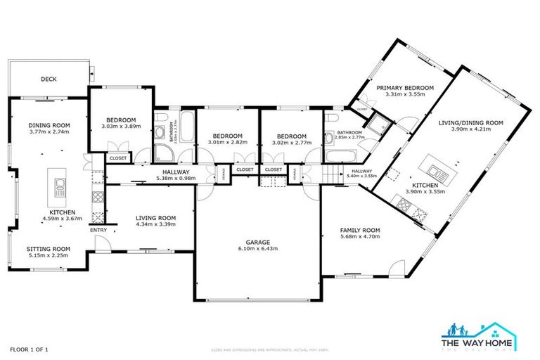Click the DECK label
tap(49, 79)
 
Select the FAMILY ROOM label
tap(359, 230)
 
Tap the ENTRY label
tap(97, 230)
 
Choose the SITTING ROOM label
tap(49, 248)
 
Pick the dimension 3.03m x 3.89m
tap(121, 127)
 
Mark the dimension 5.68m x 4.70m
tap(359, 237)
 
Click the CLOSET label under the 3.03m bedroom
tap(118, 158)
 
